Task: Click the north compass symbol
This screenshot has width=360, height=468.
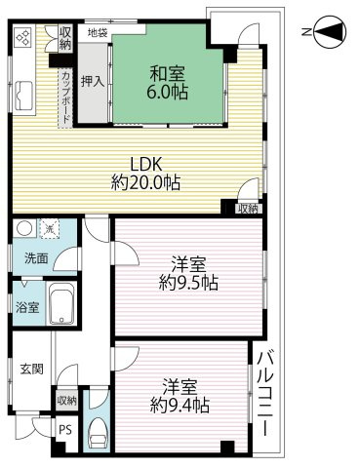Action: coord(330,33)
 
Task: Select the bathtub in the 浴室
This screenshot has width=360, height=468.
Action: coord(62,308)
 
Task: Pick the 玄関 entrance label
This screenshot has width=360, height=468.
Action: coord(30,370)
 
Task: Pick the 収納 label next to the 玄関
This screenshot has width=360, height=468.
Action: coord(66,400)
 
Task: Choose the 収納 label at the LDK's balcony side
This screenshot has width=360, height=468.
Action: coord(247,208)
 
